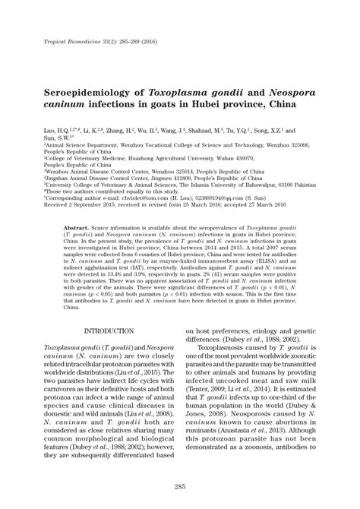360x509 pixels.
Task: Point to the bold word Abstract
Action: click(78, 226)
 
